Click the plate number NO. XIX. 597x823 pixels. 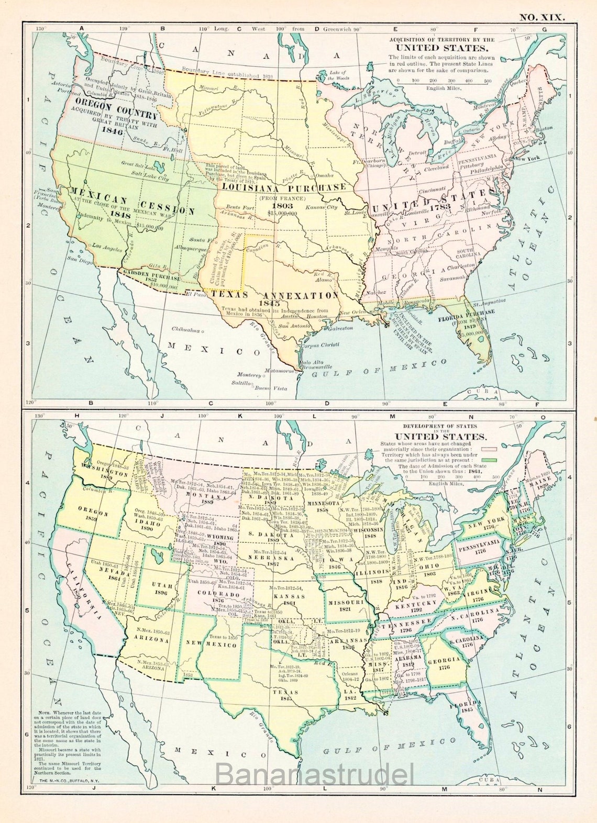click(x=542, y=17)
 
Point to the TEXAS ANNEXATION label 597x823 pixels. click(x=276, y=295)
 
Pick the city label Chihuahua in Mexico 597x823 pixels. click(x=187, y=330)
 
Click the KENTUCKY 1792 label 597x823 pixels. click(x=409, y=606)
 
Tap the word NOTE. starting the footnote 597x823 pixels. click(x=46, y=714)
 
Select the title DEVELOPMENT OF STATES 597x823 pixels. click(x=440, y=427)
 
